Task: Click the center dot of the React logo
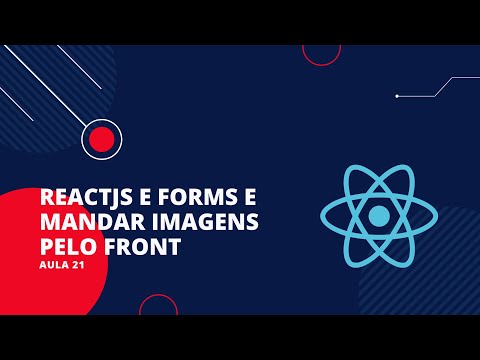[378, 216]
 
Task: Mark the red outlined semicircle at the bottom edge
[157, 306]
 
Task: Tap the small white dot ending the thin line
[397, 96]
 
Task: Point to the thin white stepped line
[440, 88]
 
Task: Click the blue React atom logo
[378, 216]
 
